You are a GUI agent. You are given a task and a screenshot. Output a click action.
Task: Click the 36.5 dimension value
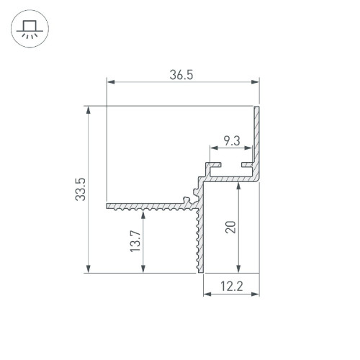point(181,75)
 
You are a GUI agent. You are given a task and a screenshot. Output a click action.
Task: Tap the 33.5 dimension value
point(81,189)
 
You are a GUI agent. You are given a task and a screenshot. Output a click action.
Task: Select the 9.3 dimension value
point(232,141)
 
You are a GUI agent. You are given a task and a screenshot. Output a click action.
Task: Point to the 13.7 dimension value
point(135,241)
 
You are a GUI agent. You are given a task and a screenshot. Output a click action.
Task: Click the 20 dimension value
point(230,227)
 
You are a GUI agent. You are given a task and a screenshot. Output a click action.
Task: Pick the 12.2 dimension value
point(232,286)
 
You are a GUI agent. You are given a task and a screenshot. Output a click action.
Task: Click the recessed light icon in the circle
point(30,29)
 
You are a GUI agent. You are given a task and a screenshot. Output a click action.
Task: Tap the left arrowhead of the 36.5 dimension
point(111,82)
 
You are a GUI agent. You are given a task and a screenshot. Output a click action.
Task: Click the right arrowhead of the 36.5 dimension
point(255,82)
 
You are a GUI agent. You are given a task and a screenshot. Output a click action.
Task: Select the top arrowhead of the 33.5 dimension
point(89,110)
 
